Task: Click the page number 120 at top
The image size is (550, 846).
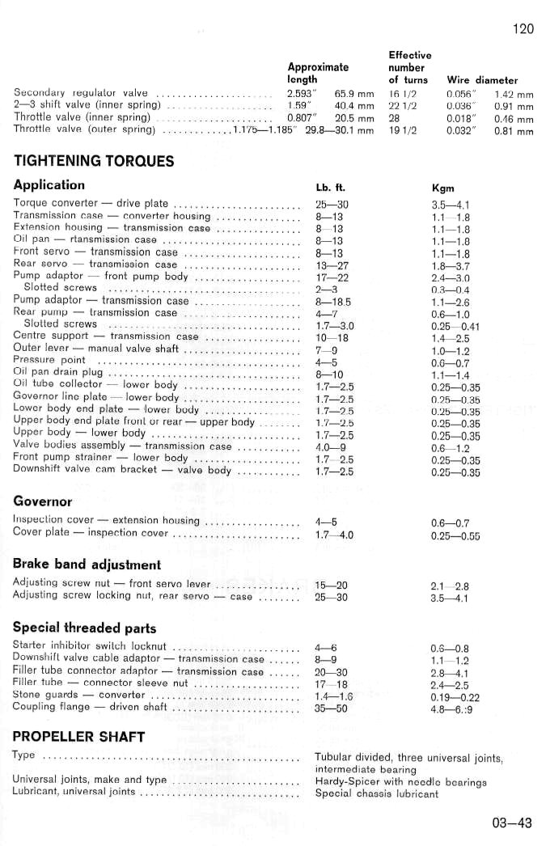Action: click(523, 29)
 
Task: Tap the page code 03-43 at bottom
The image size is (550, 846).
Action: click(512, 823)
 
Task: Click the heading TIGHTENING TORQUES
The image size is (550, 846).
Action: click(94, 160)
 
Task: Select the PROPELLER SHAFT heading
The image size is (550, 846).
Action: click(78, 736)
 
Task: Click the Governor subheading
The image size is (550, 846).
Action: click(42, 501)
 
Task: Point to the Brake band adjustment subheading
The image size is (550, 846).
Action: click(87, 564)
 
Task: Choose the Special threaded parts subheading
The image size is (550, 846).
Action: click(85, 627)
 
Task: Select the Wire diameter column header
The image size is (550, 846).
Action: click(482, 80)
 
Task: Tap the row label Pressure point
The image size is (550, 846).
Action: click(50, 360)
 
